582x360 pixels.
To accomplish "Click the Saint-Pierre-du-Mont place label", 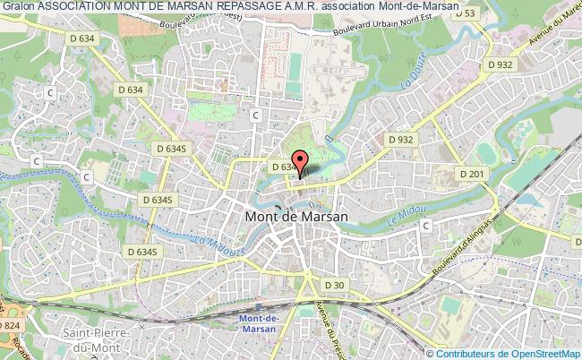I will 95,340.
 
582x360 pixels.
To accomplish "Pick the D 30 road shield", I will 334,285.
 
